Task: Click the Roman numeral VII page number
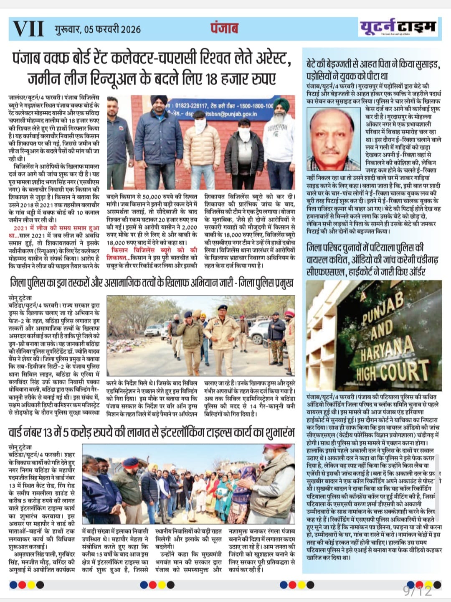click(x=28, y=29)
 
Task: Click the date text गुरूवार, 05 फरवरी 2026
click(x=97, y=29)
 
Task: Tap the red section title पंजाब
click(x=224, y=28)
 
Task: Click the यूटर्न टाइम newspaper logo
click(x=398, y=27)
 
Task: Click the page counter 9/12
click(x=417, y=591)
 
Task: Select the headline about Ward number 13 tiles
click(x=152, y=432)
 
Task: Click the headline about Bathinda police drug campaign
click(x=152, y=283)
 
